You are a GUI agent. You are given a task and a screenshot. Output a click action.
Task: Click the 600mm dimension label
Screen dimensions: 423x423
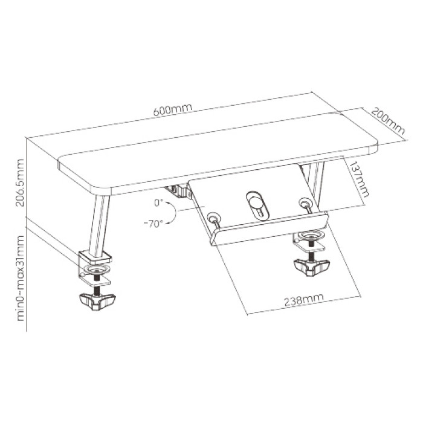[173, 109]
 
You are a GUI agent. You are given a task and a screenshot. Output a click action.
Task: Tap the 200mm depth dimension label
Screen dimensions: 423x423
[388, 121]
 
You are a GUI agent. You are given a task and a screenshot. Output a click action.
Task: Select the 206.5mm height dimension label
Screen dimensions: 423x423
[20, 182]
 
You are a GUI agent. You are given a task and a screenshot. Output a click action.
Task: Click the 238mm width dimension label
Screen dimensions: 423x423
[304, 300]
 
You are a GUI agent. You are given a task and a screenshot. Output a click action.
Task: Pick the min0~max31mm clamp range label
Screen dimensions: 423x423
[20, 278]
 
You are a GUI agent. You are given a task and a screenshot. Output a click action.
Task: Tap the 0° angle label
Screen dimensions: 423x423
[158, 202]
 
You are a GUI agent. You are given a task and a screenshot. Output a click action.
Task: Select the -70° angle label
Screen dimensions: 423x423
[153, 224]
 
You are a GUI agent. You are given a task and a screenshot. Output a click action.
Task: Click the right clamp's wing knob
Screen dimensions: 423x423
[312, 268]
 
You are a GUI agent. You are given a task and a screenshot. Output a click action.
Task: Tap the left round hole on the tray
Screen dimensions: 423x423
[213, 216]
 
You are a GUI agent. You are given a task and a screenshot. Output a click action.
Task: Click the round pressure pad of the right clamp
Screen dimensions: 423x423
[311, 235]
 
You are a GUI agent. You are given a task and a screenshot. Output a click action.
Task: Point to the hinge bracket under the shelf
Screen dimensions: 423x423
[179, 192]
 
